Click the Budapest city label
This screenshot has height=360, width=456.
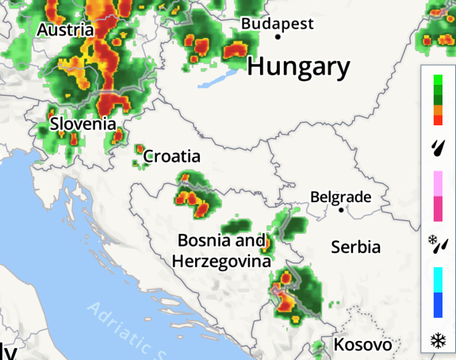coord(277,23)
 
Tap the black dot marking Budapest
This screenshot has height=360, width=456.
coord(278,36)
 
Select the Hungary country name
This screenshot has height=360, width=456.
coord(297,67)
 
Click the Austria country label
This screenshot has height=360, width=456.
coord(66,31)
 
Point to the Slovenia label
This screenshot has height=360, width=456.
coord(82,124)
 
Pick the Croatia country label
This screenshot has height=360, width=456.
coord(171,156)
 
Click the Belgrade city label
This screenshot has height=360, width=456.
coord(340,197)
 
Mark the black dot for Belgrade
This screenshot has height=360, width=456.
coord(341,210)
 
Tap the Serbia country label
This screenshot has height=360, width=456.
coord(355,247)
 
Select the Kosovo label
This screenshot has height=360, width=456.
coord(362,345)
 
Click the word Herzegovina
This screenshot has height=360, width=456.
coord(221,260)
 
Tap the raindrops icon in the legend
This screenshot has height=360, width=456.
coord(438,147)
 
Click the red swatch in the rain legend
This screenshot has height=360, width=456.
coord(438,120)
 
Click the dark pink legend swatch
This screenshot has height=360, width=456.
coord(438,209)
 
